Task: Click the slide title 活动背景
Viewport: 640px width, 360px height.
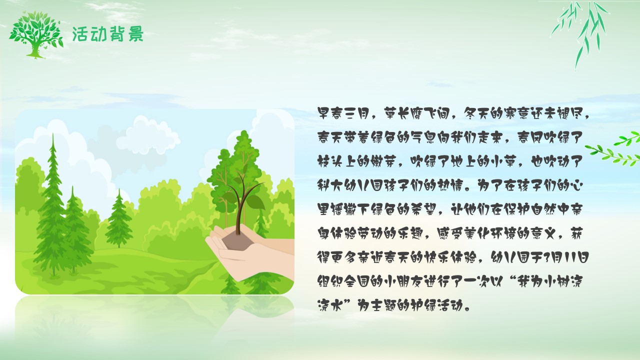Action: (x=107, y=34)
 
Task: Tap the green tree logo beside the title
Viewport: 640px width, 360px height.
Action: (x=36, y=35)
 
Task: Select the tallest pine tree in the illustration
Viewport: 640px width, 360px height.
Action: (x=52, y=205)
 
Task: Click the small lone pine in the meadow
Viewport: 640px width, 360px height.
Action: (x=119, y=220)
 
